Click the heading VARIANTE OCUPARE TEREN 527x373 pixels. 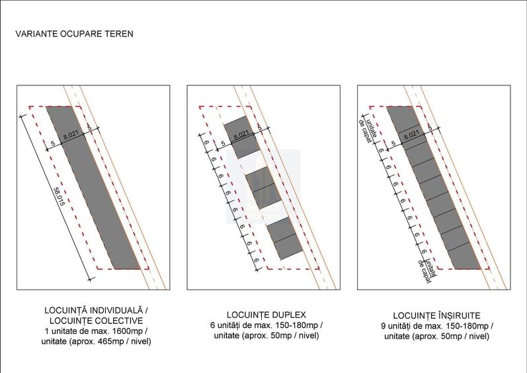click(75, 34)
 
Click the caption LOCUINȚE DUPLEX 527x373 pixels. click(266, 314)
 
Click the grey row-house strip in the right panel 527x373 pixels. click(434, 192)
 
